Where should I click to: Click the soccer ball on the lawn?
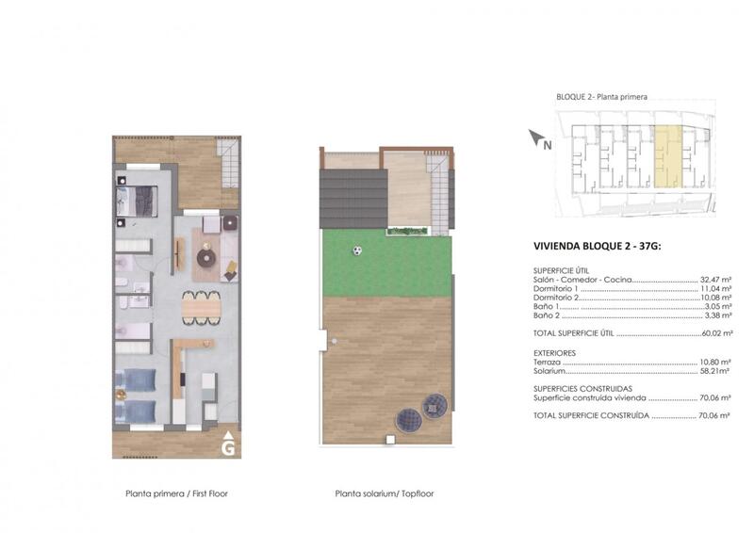(357, 250)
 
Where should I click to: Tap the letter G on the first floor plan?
(228, 448)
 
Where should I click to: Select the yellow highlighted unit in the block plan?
(666, 155)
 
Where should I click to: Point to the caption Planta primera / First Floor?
(176, 493)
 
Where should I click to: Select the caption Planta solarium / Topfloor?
(384, 493)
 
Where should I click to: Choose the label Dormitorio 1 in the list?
(555, 289)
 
